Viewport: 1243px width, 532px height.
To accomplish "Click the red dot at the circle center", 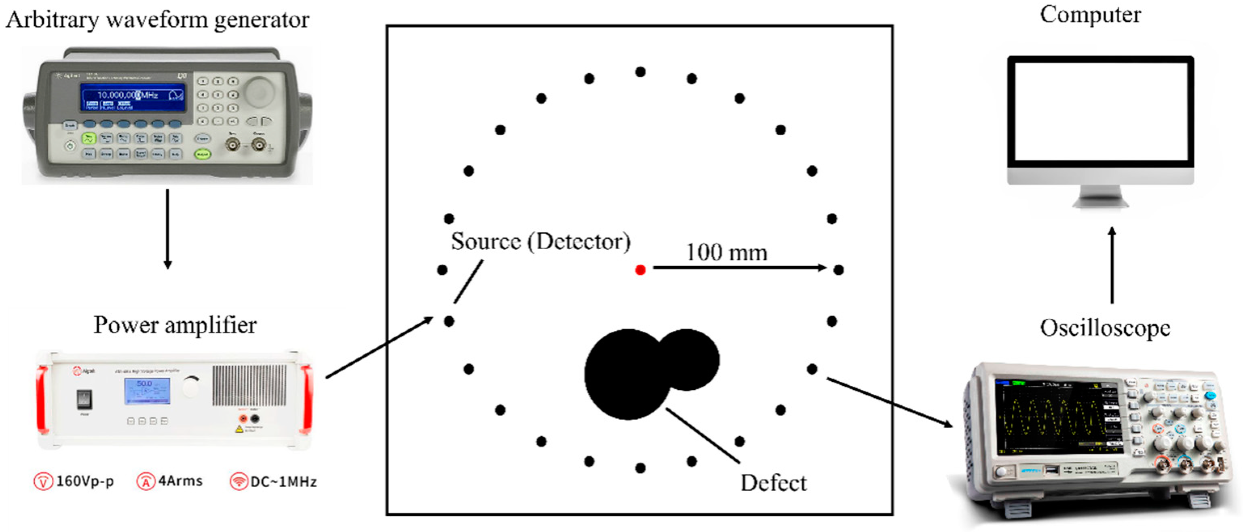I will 640,270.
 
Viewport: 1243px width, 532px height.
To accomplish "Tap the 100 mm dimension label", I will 727,252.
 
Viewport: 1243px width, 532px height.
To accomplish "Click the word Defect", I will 774,483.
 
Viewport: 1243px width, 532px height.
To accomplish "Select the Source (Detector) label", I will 540,242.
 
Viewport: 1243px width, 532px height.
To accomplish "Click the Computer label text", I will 1090,15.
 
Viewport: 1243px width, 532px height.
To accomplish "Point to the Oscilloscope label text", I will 1105,328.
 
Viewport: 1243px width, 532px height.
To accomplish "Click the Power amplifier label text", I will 175,325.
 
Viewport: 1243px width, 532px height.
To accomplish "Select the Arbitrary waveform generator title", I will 157,20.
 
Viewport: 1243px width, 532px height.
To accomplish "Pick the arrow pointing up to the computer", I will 1112,265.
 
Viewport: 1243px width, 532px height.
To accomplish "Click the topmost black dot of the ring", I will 640,72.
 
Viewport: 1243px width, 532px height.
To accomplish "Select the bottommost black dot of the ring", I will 640,468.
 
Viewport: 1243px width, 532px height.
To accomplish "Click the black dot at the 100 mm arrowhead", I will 839,270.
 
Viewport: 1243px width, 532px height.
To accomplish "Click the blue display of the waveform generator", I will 133,99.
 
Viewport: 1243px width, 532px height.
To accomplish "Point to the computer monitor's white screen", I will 1101,111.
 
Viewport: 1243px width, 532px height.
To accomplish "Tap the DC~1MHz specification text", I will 283,482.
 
